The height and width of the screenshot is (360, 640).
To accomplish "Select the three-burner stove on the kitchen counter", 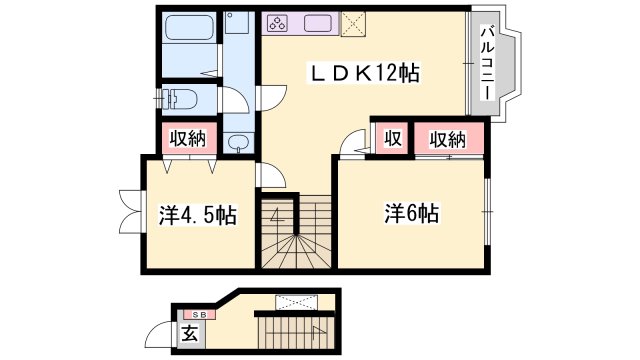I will point(277,22).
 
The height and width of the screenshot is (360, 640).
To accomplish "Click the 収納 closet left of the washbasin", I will point(186,138).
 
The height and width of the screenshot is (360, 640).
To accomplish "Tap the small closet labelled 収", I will point(393,138).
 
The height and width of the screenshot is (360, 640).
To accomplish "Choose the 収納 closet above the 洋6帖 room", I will point(448,138).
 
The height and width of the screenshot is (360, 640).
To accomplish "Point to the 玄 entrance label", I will point(189,334).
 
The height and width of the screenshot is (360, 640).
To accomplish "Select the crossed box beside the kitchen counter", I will point(353,24).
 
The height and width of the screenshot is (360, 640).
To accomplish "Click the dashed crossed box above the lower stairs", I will point(296,301).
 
